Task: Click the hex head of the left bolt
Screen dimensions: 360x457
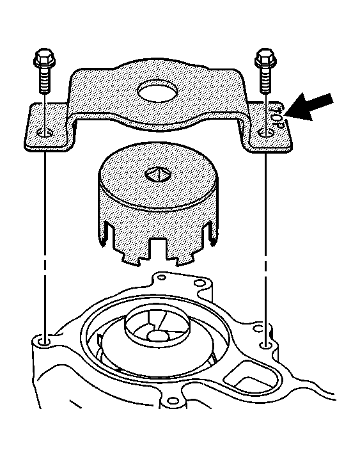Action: [45, 57]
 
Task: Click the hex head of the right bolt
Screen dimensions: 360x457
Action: [265, 57]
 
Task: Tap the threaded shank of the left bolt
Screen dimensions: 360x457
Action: [45, 79]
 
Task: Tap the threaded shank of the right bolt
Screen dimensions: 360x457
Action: [265, 79]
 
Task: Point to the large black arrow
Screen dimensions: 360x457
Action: [309, 106]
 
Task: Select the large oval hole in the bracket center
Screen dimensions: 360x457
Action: [157, 91]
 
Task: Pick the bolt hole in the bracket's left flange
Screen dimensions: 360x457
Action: [45, 133]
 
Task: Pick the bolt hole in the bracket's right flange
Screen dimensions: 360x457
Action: [266, 133]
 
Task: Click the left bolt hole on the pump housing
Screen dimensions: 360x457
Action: [44, 341]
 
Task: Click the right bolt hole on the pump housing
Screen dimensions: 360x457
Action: [265, 346]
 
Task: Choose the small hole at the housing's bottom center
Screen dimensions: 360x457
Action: [173, 401]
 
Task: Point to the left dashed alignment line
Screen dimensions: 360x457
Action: [45, 245]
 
